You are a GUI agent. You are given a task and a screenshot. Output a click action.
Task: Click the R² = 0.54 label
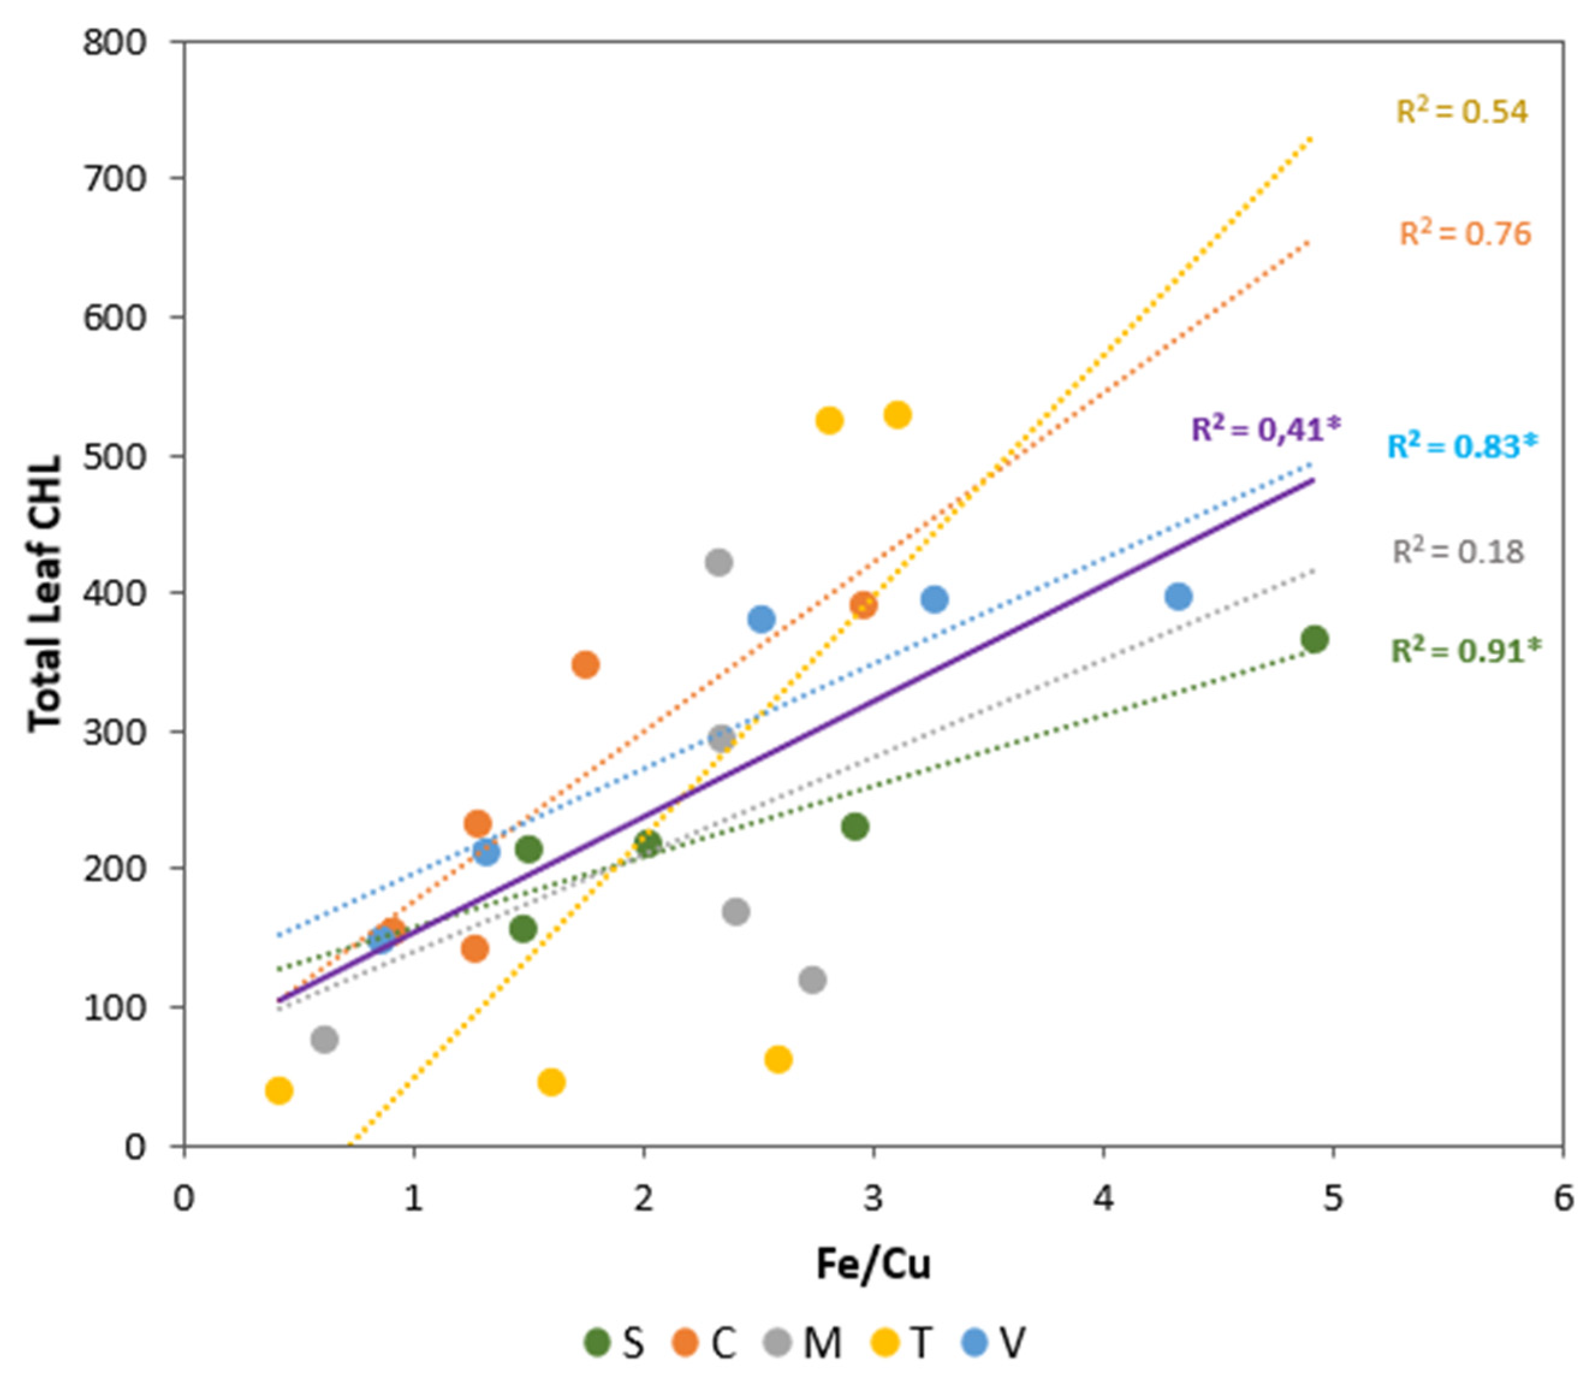click(1461, 112)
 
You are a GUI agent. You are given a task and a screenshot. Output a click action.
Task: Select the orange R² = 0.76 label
click(1465, 234)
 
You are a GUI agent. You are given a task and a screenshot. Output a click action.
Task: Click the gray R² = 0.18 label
click(1458, 552)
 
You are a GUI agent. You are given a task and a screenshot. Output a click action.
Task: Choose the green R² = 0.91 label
click(1465, 651)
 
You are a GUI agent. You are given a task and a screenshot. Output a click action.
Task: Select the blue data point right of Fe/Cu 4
click(1178, 596)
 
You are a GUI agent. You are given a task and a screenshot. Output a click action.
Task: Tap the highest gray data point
click(718, 563)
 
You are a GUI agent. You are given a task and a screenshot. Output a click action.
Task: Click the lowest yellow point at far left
click(278, 1090)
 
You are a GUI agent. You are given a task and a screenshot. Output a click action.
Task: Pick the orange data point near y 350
click(585, 665)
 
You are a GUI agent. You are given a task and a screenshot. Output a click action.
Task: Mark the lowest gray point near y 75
click(324, 1039)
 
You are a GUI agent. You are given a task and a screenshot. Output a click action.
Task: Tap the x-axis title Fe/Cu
click(873, 1264)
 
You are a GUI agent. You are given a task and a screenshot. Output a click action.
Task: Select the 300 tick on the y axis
click(114, 731)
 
